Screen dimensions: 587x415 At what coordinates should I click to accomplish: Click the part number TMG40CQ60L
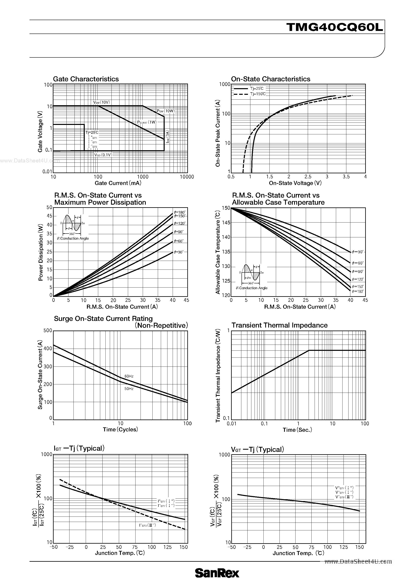pyautogui.click(x=334, y=27)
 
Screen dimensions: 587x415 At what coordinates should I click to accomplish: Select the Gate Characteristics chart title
pyautogui.click(x=86, y=79)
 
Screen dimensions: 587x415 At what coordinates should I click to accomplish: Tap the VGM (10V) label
pyautogui.click(x=101, y=102)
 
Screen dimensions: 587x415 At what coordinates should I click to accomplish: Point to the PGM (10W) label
pyautogui.click(x=166, y=111)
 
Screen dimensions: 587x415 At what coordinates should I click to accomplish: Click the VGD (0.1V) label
pyautogui.click(x=103, y=155)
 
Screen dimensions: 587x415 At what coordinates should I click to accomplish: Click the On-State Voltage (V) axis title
pyautogui.click(x=295, y=183)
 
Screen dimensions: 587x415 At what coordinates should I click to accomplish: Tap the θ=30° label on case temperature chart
pyautogui.click(x=358, y=252)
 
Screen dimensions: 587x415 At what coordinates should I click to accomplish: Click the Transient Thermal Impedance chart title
pyautogui.click(x=279, y=325)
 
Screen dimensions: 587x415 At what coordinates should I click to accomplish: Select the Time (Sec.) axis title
pyautogui.click(x=297, y=430)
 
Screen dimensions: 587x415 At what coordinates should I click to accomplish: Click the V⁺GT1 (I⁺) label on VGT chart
pyautogui.click(x=344, y=488)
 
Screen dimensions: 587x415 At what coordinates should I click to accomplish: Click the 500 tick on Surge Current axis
pyautogui.click(x=48, y=331)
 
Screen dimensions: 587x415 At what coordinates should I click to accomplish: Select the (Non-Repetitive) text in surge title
pyautogui.click(x=161, y=326)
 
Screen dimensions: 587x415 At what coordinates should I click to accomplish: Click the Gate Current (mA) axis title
pyautogui.click(x=118, y=183)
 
